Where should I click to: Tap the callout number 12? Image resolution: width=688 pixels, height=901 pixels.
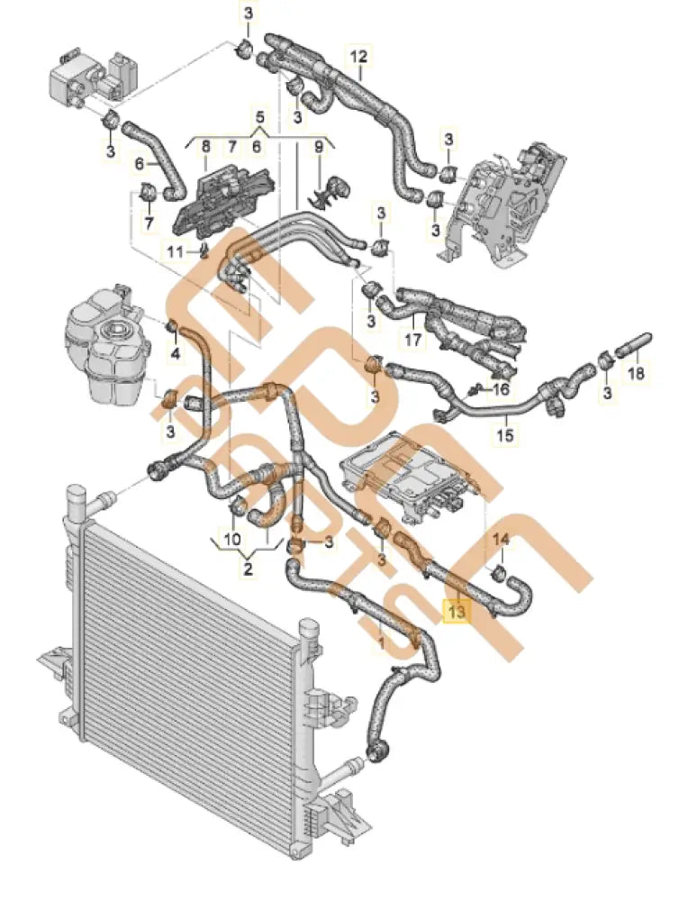tap(358, 57)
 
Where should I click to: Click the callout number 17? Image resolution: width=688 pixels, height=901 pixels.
tap(413, 341)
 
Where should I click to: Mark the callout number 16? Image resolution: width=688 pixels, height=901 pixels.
tap(501, 388)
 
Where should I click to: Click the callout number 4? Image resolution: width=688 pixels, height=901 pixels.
tap(176, 354)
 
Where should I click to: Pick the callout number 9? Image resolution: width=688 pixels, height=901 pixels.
tap(318, 145)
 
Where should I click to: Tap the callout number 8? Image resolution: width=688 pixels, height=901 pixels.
tap(205, 145)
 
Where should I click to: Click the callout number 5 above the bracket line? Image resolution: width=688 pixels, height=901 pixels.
tap(259, 118)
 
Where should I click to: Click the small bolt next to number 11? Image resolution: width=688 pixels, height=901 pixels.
tap(206, 249)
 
